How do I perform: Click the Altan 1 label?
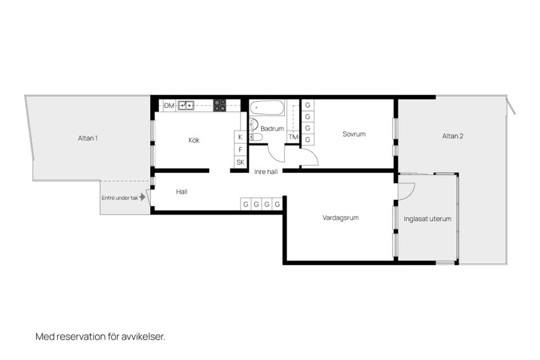point(88,138)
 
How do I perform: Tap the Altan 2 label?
point(452,136)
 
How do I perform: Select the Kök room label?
point(194,140)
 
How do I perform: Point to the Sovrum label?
point(354,134)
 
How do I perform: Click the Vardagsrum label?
point(340,218)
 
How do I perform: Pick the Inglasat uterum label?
point(427,219)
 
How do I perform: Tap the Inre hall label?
point(266,172)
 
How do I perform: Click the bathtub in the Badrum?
point(267,107)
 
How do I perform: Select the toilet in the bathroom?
point(256,137)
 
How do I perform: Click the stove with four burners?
point(219,105)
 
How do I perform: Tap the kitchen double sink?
point(186,105)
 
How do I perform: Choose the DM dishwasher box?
point(169,105)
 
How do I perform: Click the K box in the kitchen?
point(240,137)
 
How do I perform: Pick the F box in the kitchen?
point(240,150)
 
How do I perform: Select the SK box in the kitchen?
point(240,162)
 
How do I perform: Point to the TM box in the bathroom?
point(294,137)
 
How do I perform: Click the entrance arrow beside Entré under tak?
point(142,197)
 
